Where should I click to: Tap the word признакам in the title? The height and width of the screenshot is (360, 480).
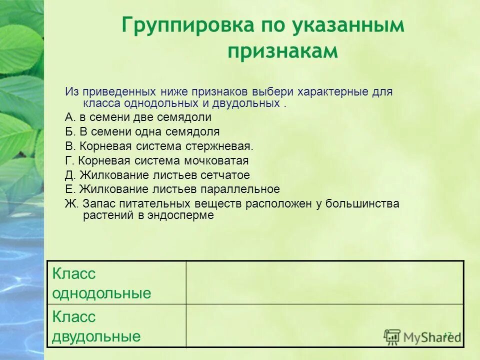(283, 51)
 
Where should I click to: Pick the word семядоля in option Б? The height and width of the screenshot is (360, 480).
(194, 132)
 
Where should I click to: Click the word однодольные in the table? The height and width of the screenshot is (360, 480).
(101, 293)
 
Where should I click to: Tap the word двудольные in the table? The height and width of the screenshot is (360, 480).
(96, 336)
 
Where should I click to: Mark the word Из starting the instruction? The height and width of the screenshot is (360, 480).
(72, 92)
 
